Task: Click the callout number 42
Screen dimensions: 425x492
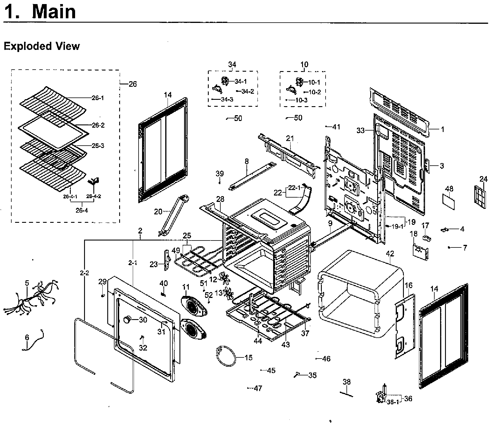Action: [390, 254]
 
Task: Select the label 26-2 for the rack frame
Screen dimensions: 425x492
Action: [98, 125]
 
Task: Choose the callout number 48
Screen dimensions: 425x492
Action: [449, 189]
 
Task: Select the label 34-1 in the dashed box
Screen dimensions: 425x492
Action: [241, 82]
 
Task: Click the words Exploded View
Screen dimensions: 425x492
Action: [41, 46]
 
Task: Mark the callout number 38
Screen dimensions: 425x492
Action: [346, 382]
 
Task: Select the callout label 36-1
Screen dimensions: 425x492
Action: [393, 402]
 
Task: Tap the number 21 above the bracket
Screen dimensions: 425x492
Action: [290, 138]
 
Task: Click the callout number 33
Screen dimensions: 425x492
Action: [360, 131]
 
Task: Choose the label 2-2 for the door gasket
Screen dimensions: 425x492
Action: [84, 273]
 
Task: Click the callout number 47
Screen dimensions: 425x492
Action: [258, 388]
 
